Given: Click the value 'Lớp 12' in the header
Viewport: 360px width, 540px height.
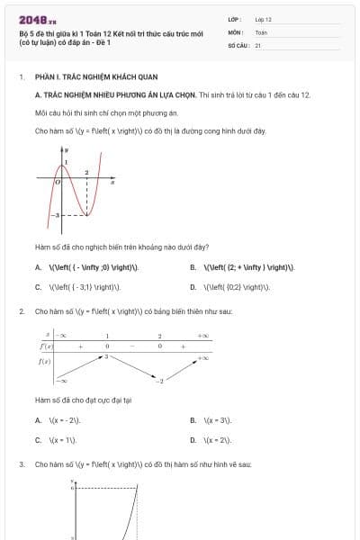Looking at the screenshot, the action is pos(263,18).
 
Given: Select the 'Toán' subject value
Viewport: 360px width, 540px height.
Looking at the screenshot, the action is pos(261,31).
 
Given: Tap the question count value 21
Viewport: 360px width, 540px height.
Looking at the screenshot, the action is pos(257,45).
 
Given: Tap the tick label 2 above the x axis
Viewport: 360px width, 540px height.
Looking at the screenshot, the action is pos(86,172).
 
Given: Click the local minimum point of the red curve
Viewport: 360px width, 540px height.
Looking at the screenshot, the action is pos(86,217).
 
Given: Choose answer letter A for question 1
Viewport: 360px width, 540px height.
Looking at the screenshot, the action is pos(38,267).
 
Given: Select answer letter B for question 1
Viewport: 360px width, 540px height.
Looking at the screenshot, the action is pos(193,267).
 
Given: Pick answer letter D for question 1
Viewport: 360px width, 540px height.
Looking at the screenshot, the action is pos(193,287).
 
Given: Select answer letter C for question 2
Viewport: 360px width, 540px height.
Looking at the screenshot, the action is pos(38,440).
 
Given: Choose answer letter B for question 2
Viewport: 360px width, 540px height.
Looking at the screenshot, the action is pos(193,420).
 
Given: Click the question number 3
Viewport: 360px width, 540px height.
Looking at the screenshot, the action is pos(21,464).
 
